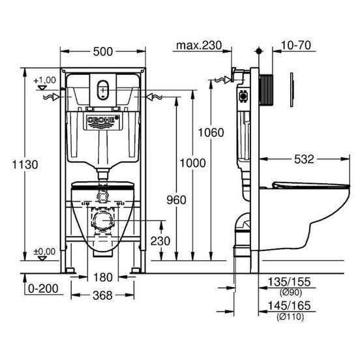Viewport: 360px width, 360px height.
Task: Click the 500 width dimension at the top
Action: point(103,52)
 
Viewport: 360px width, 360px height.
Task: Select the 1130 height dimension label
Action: point(25,164)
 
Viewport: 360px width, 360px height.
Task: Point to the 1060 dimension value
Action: point(211,132)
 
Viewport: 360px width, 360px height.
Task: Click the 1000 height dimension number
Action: point(192,163)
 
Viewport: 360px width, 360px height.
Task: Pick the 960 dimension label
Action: point(176,200)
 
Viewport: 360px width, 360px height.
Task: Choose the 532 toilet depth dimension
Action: point(304,159)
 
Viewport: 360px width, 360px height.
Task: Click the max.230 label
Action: point(199,46)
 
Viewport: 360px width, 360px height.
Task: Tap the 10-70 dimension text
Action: point(296,45)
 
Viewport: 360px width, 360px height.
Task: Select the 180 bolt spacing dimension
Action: point(103,277)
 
